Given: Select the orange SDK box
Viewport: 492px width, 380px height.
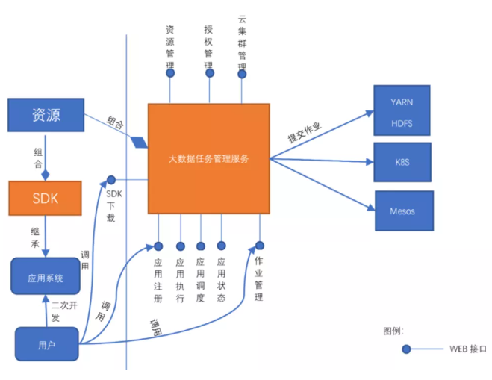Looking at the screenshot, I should [46, 197].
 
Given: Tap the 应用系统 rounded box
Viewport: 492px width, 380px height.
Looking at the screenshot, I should [46, 278].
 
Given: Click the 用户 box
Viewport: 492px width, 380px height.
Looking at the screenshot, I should [46, 345].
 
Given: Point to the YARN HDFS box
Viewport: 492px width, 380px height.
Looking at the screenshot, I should [402, 110].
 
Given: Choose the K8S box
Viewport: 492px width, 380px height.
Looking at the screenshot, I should [402, 162].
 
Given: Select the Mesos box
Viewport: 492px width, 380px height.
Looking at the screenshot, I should [402, 211].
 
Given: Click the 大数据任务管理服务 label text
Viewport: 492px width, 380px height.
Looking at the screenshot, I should [208, 159].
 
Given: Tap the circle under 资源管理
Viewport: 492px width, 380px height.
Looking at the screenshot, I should [170, 73].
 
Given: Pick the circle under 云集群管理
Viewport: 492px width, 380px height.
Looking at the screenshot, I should [242, 73].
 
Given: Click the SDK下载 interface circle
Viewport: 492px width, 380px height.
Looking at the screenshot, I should [110, 180].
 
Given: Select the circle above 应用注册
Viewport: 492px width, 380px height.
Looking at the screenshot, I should [158, 246].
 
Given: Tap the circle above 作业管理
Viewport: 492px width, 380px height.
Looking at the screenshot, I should [259, 246].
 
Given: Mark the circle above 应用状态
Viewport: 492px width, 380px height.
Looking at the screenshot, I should [221, 246].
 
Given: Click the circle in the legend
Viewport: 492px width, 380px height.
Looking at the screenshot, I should [406, 349].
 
